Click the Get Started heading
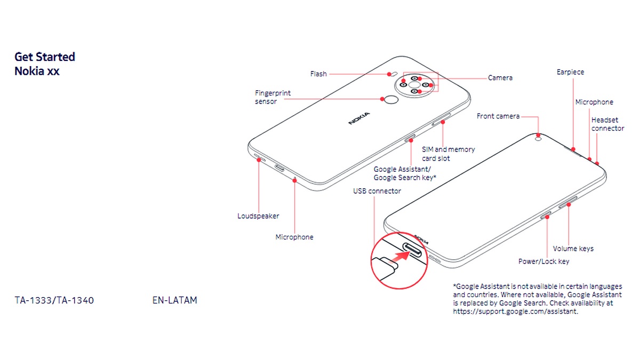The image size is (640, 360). pyautogui.click(x=45, y=57)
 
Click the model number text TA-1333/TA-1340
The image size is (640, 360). pyautogui.click(x=54, y=300)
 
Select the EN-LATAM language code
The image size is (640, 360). pyautogui.click(x=174, y=300)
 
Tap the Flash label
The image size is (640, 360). pyautogui.click(x=318, y=74)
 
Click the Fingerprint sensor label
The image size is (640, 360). pyautogui.click(x=273, y=97)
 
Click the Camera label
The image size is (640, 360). pyautogui.click(x=500, y=78)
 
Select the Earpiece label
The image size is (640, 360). pyautogui.click(x=570, y=72)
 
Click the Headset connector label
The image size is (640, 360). pyautogui.click(x=607, y=124)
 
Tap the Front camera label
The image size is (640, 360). pyautogui.click(x=498, y=116)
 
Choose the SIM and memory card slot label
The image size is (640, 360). pyautogui.click(x=448, y=154)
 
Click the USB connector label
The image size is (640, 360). pyautogui.click(x=377, y=191)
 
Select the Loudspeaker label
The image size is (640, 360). pyautogui.click(x=258, y=216)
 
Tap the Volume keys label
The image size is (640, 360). pyautogui.click(x=573, y=249)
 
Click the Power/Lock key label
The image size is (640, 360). pyautogui.click(x=543, y=261)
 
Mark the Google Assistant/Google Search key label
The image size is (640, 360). pyautogui.click(x=405, y=173)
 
